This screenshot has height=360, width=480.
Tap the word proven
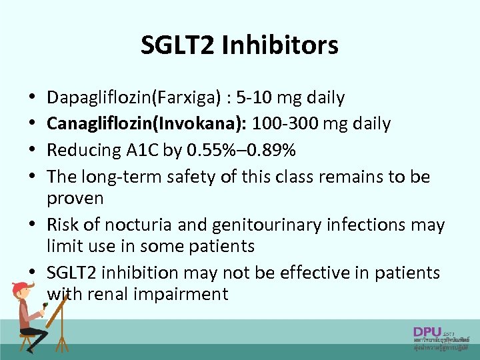pyautogui.click(x=75, y=198)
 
